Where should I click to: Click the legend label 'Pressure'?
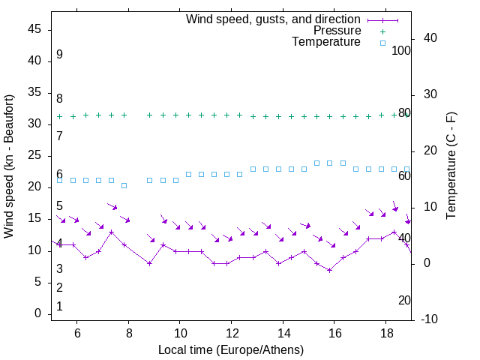point(337,31)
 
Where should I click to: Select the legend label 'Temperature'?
point(326,42)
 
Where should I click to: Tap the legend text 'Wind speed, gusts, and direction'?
point(273,19)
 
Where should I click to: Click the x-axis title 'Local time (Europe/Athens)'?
point(231,350)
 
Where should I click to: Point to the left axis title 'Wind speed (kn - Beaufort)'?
point(9,166)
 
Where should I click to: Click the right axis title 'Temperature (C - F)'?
point(451,166)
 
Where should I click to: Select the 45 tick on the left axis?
point(35,29)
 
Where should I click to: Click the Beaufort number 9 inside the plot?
point(59,55)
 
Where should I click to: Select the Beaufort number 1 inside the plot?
point(59,307)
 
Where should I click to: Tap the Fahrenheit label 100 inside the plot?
point(401,51)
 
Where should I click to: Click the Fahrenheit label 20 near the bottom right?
point(404,301)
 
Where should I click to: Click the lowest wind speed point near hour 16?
point(329,270)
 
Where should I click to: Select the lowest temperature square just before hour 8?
point(124,185)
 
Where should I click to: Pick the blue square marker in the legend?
point(382,43)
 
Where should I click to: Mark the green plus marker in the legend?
point(382,31)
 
